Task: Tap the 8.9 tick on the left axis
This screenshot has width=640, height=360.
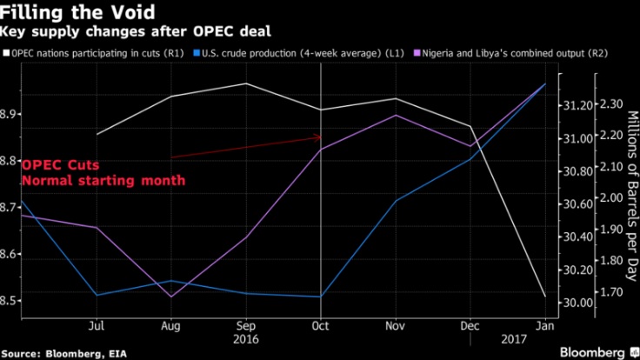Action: click(10, 115)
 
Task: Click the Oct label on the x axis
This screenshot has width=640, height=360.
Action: click(321, 326)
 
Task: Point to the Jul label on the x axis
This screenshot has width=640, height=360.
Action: click(97, 326)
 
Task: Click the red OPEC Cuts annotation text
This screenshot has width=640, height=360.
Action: click(61, 165)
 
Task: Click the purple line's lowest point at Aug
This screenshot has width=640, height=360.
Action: click(171, 297)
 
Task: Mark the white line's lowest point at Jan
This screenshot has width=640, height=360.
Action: click(545, 297)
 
